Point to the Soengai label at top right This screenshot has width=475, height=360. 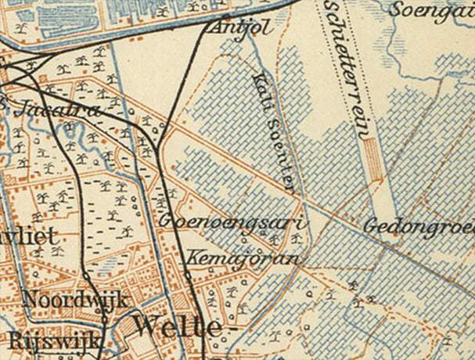click(430, 11)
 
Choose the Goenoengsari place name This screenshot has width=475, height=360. click(233, 221)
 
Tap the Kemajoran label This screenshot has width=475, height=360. click(242, 257)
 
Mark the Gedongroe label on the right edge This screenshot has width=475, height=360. click(419, 226)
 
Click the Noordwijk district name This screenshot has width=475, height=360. click(74, 299)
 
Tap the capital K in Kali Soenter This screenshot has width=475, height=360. click(257, 78)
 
